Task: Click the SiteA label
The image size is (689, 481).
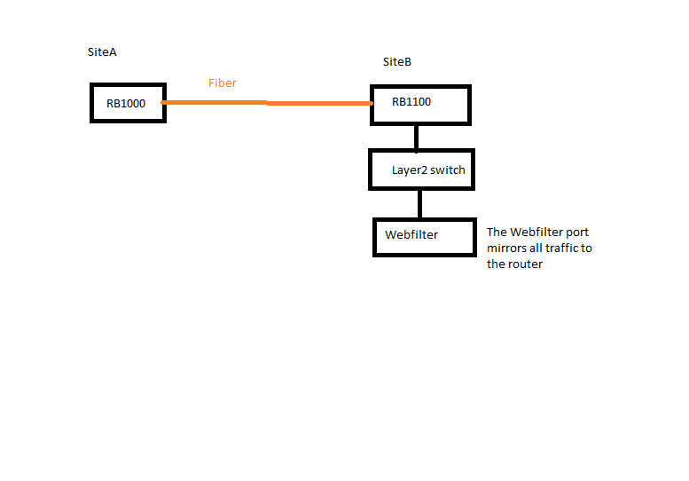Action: (x=102, y=52)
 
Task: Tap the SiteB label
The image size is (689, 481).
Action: (x=396, y=62)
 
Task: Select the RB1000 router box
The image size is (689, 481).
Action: (x=128, y=103)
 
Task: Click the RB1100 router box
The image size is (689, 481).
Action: (x=419, y=105)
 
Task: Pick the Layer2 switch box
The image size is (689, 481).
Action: (x=421, y=170)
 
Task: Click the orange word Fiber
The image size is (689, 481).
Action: (x=223, y=83)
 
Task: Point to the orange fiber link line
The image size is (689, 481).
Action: (x=266, y=103)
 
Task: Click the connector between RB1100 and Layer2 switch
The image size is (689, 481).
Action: (x=417, y=138)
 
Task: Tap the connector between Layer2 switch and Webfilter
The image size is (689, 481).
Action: (x=419, y=204)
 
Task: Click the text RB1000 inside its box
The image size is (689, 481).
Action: (x=126, y=104)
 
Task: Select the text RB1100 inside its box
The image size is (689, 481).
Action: (x=411, y=102)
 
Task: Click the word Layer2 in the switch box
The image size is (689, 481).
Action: (x=409, y=170)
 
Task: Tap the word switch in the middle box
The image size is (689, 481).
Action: (x=448, y=170)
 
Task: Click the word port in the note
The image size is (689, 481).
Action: (x=577, y=233)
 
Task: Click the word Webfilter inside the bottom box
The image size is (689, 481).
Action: (x=411, y=235)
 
